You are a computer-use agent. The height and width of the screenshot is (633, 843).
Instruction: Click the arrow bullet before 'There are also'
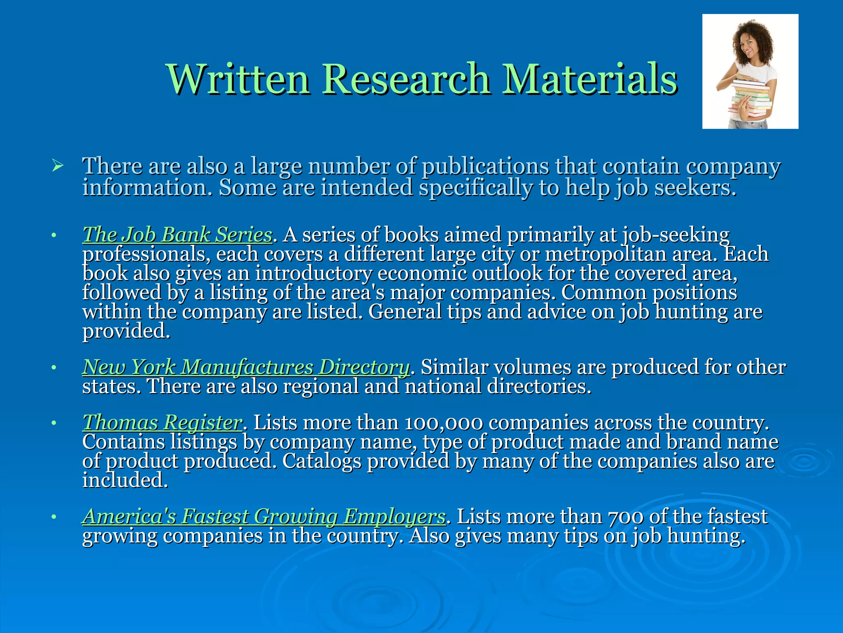click(x=58, y=166)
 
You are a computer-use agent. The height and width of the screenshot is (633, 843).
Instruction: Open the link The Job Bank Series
click(x=177, y=235)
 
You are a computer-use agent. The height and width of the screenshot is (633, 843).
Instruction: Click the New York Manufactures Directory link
click(x=246, y=367)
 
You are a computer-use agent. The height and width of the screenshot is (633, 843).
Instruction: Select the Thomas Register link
click(x=162, y=422)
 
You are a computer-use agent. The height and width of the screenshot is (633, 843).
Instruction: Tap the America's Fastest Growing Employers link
click(x=264, y=516)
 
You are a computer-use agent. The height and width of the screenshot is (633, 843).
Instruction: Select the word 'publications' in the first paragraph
click(x=486, y=166)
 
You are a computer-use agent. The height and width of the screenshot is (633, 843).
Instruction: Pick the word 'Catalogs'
click(x=321, y=461)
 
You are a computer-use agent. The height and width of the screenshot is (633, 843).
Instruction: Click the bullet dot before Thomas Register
click(x=54, y=424)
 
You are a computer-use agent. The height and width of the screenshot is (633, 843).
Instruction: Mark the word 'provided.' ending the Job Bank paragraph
click(x=126, y=331)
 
